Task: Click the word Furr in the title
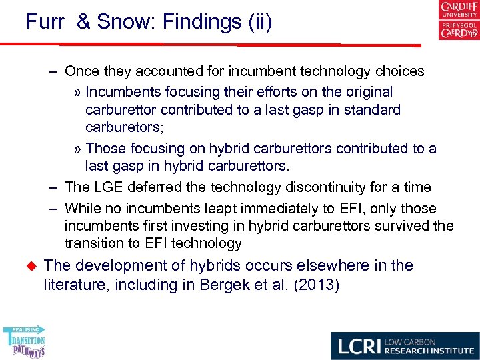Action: [x=45, y=22]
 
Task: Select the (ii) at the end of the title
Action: [x=259, y=22]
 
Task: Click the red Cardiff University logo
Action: [x=459, y=10]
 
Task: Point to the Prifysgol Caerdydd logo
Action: [x=459, y=30]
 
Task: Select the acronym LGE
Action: [x=105, y=187]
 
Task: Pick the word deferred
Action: [x=154, y=187]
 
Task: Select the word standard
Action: [x=371, y=109]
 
